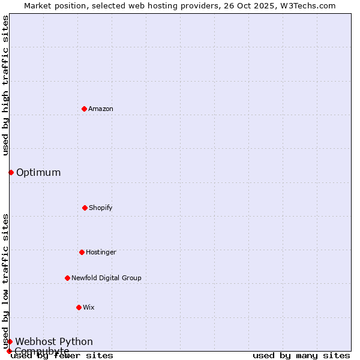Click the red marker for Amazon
click(84, 109)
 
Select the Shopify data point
click(85, 208)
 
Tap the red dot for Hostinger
click(82, 252)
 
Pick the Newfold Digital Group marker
click(67, 278)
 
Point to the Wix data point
click(79, 307)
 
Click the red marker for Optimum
click(11, 172)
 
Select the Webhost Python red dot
click(10, 341)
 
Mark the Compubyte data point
click(9, 351)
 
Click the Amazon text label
click(101, 109)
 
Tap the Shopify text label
click(101, 208)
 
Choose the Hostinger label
click(101, 252)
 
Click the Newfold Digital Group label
click(106, 278)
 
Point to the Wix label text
click(89, 307)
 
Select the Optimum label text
click(38, 172)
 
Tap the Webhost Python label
click(54, 341)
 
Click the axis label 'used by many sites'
click(301, 355)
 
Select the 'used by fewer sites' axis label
click(62, 355)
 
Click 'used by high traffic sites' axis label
click(5, 85)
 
